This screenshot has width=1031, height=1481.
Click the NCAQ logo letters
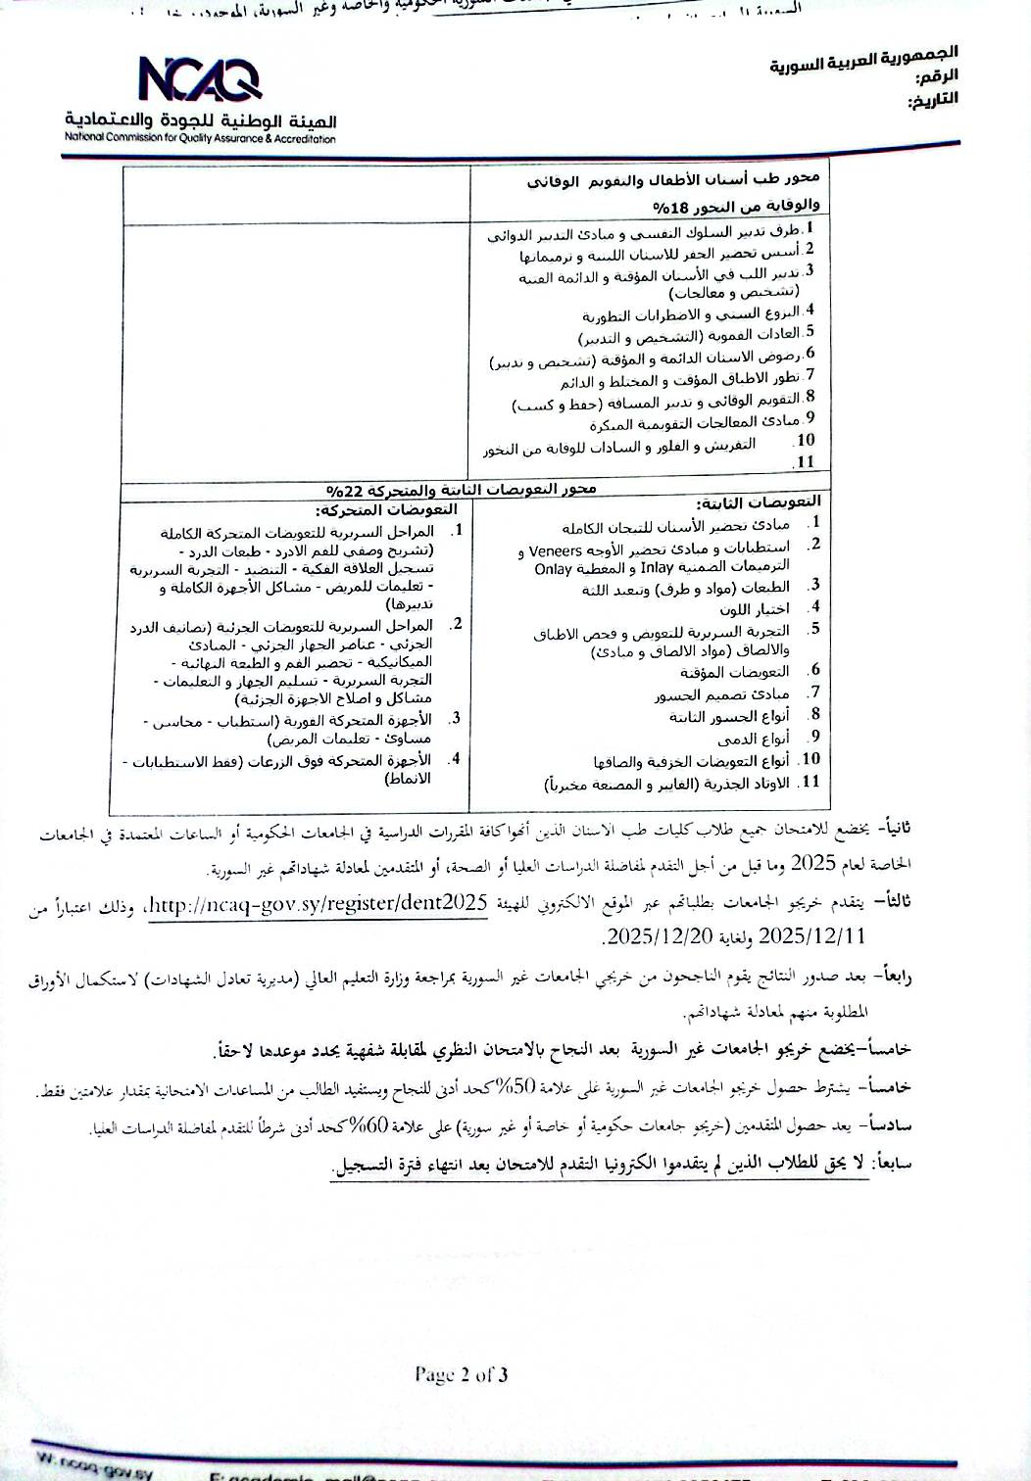pos(199,79)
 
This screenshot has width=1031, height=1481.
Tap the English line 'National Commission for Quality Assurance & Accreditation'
pos(200,139)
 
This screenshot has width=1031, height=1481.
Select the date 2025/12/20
pos(657,935)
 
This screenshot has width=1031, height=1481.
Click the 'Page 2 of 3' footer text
pos(461,1374)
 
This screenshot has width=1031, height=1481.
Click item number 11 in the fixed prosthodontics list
pos(809,782)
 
